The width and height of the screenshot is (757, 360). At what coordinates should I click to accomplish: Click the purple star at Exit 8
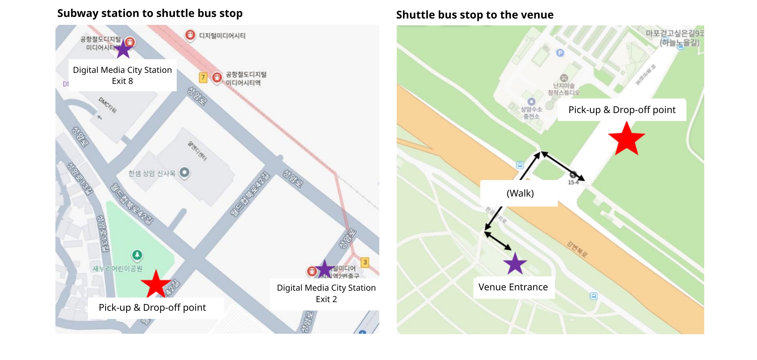tap(123, 49)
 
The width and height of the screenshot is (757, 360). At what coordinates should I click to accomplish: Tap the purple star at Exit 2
tap(325, 269)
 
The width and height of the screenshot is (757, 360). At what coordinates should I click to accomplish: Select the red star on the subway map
tap(156, 284)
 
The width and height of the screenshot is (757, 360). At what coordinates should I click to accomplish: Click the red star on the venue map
tap(626, 138)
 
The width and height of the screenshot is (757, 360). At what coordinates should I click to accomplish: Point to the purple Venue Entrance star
tap(515, 264)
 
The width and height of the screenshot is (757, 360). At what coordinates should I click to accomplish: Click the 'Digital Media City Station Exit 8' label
tap(122, 75)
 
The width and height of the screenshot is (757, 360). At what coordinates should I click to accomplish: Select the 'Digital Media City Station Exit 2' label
tap(326, 293)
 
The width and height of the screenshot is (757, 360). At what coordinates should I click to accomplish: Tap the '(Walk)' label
tap(520, 193)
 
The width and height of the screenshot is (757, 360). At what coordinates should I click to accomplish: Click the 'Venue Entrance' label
tap(513, 287)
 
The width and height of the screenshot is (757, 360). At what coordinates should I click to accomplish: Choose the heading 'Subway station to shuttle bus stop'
tap(150, 13)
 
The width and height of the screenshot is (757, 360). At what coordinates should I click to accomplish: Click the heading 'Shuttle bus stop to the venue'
tap(475, 15)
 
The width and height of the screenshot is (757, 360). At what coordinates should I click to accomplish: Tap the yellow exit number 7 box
tap(203, 77)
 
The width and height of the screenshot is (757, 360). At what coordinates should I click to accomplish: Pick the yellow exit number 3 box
tap(365, 262)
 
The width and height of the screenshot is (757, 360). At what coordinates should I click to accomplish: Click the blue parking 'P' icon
tap(560, 53)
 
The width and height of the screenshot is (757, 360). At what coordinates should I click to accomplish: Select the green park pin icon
tap(137, 255)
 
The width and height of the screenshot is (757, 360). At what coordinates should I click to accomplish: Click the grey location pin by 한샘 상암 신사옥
tap(184, 172)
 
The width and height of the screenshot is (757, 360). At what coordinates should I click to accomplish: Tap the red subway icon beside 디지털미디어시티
tap(190, 35)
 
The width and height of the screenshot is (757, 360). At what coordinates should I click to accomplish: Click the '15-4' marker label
tap(573, 182)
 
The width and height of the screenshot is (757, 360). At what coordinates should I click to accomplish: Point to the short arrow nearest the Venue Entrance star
tap(498, 241)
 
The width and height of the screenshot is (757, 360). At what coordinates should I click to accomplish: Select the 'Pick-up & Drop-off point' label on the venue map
tap(622, 110)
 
